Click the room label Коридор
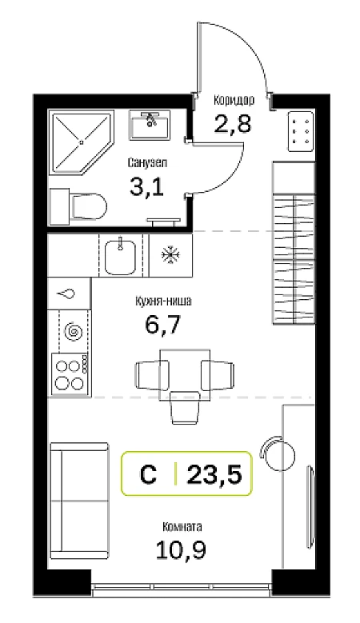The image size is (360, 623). tap(234, 100)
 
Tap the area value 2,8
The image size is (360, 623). tap(233, 124)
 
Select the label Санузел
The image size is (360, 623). tap(148, 162)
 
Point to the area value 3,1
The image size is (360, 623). tap(146, 186)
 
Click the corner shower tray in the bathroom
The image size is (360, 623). tap(81, 142)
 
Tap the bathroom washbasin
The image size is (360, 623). tap(150, 125)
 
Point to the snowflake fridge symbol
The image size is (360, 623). tap(170, 254)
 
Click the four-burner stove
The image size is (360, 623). tap(69, 374)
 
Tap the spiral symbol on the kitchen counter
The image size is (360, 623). tap(74, 330)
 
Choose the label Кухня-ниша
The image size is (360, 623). tap(163, 302)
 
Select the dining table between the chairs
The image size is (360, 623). tap(185, 374)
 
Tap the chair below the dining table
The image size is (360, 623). tap(185, 408)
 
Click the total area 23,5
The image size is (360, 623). tap(214, 473)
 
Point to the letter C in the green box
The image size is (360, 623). tap(148, 474)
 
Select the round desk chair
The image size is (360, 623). tap(278, 453)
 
